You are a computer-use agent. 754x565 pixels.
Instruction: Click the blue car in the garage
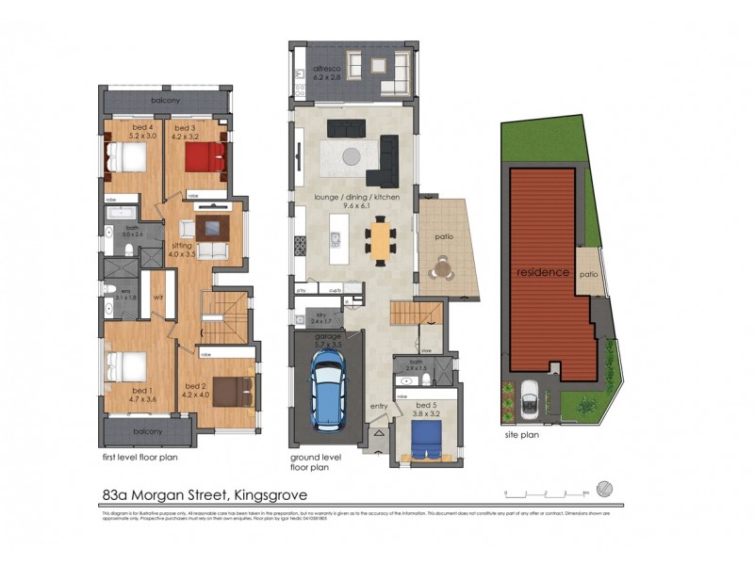327,396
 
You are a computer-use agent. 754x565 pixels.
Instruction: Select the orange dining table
380,239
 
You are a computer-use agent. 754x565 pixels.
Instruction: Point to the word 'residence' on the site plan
542,272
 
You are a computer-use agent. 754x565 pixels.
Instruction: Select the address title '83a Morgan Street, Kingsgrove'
204,492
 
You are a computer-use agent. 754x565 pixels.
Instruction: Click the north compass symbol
605,488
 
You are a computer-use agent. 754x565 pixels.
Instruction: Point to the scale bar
547,492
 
